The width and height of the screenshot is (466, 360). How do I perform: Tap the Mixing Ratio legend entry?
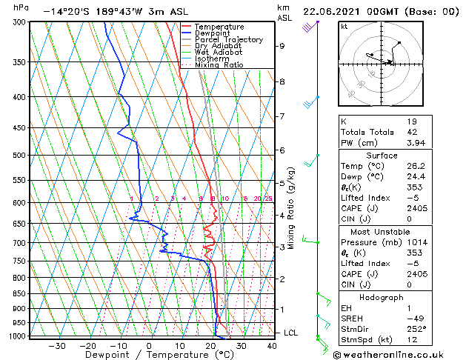[219, 65]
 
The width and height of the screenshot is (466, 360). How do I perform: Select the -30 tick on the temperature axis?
[57, 346]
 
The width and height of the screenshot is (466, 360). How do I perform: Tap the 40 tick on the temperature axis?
[272, 346]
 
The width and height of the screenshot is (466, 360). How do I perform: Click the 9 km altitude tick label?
[282, 46]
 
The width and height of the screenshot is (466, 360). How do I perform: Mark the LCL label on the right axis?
[291, 333]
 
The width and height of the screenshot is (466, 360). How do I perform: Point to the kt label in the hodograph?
[344, 26]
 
